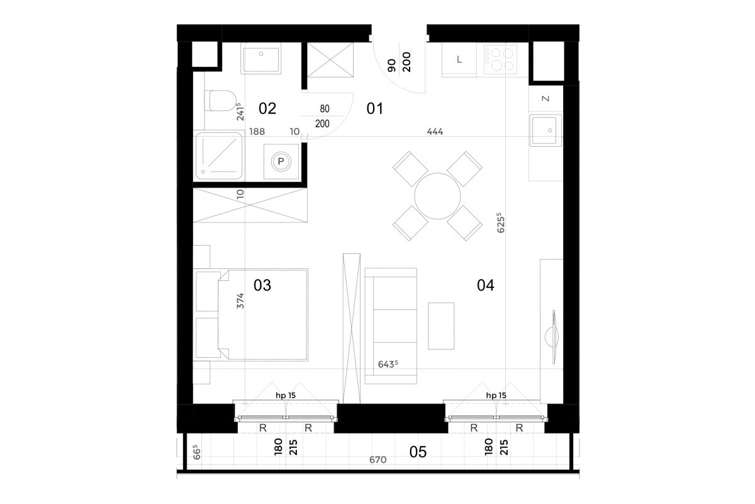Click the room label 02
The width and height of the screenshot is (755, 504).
point(267,109)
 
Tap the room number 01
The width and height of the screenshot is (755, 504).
point(375,109)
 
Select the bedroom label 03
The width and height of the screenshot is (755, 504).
point(262,285)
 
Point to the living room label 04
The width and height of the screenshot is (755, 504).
point(485,285)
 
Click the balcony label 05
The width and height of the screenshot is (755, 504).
point(418,452)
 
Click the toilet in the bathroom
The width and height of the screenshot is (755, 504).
point(220,101)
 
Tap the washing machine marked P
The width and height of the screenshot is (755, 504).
point(281,162)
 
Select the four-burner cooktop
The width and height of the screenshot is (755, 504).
point(500,59)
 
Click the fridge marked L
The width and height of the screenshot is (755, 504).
point(459,60)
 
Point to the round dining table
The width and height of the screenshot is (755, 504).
point(437,196)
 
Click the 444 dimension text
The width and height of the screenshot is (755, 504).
point(435,132)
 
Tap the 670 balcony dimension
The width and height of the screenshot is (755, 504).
point(378,460)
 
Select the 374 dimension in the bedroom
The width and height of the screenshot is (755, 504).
point(240,301)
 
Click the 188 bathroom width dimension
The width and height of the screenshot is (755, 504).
point(257,132)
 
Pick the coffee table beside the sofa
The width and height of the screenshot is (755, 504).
point(441,326)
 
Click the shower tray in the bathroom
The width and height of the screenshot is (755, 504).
point(219,156)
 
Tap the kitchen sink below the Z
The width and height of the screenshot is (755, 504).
point(545,130)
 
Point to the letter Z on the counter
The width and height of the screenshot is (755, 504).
point(545,98)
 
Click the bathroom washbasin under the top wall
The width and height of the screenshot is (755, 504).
point(261,59)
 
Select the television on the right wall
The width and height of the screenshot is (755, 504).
point(553,336)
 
